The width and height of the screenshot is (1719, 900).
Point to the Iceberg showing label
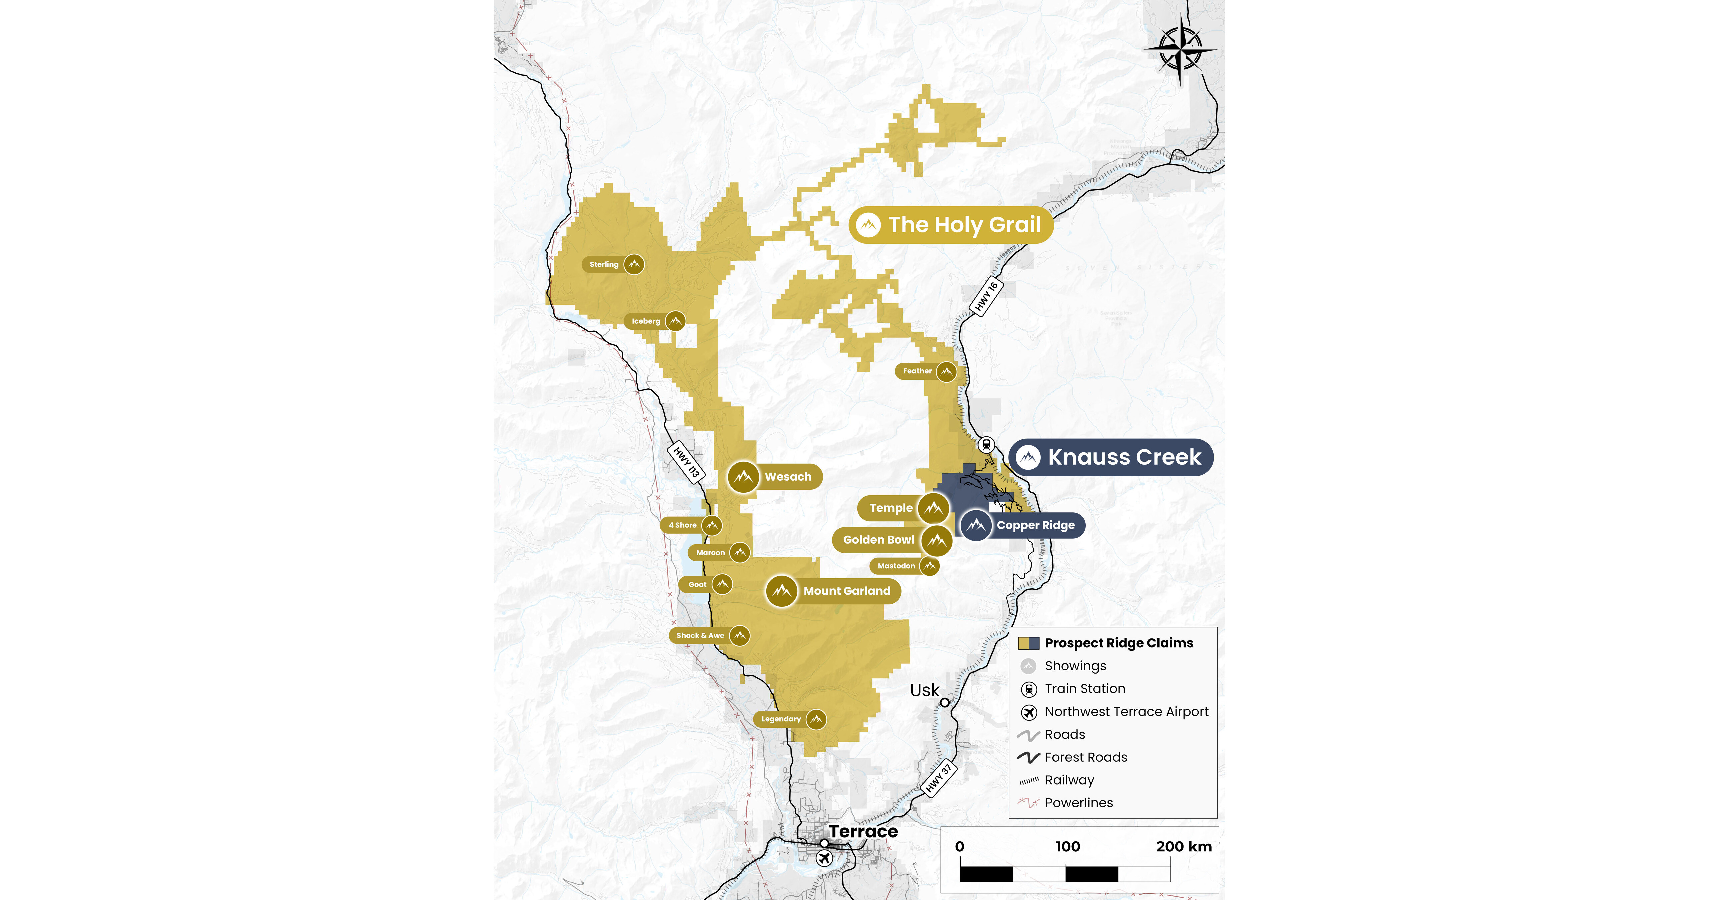(645, 321)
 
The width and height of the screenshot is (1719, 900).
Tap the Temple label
(890, 508)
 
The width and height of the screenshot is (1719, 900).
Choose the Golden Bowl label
(878, 540)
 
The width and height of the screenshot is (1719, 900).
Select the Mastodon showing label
(896, 566)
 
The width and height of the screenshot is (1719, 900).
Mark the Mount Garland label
(846, 590)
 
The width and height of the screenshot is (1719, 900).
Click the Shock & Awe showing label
(700, 635)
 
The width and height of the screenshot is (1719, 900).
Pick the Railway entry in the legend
(1069, 780)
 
